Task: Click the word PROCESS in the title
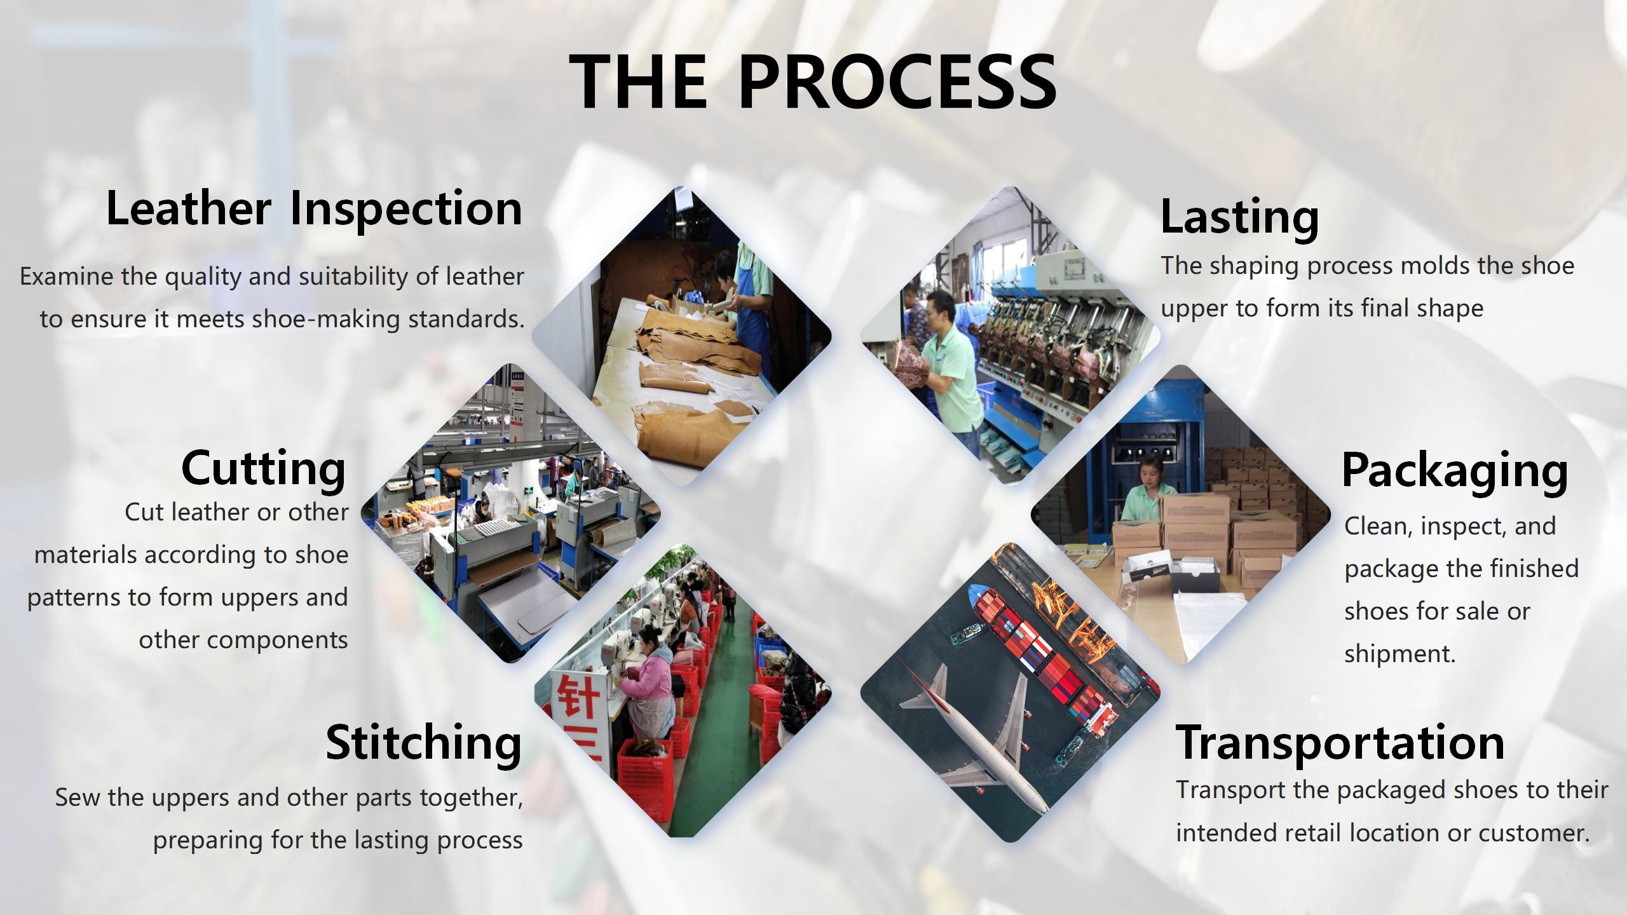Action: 898,81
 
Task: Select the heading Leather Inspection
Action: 314,208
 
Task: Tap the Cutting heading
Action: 264,469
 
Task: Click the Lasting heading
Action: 1240,217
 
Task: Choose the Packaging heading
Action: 1455,471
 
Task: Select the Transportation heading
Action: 1340,742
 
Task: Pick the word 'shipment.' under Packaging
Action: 1400,654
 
